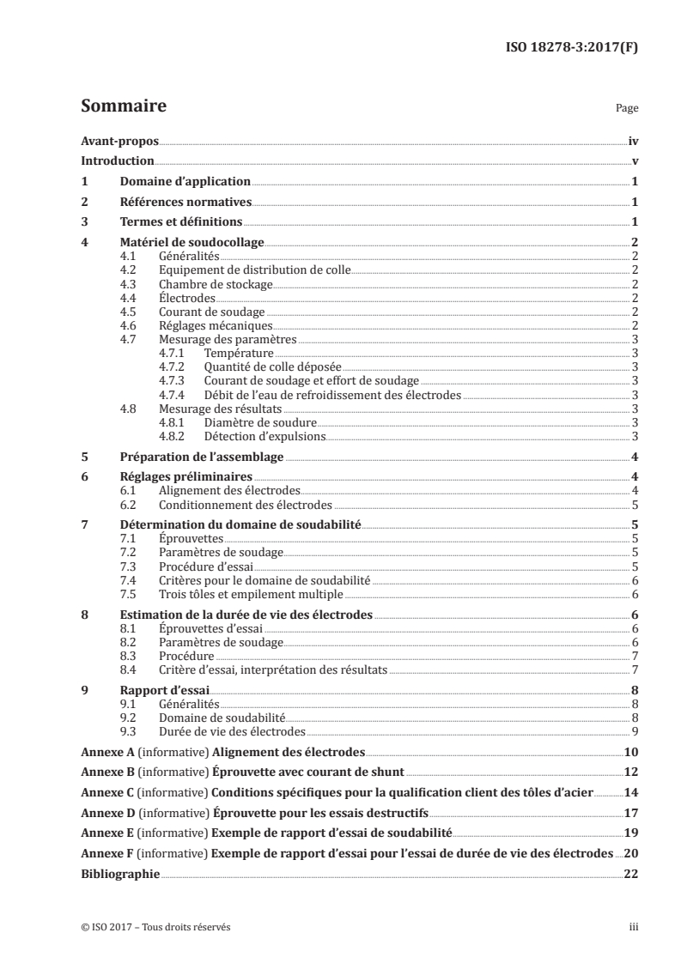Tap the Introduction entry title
117,161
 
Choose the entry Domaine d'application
185,182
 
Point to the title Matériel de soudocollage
192,243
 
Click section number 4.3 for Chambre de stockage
130,284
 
